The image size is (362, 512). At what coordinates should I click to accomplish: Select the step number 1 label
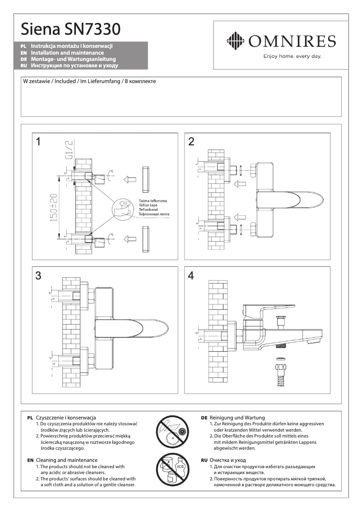click(x=39, y=142)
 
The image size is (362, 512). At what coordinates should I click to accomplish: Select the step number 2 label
click(x=191, y=142)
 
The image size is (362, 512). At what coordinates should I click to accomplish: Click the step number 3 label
click(x=39, y=275)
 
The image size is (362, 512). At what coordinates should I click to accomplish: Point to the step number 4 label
click(x=191, y=275)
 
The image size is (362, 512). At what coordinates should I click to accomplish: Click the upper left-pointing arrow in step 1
click(x=130, y=178)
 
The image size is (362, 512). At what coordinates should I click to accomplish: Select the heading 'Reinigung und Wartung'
click(x=237, y=418)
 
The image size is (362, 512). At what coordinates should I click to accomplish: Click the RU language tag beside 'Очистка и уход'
click(x=204, y=460)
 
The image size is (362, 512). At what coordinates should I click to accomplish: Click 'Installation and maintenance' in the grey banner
click(x=68, y=53)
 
